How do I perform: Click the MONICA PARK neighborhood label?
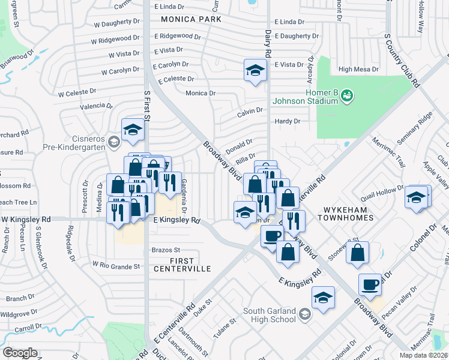(191, 19)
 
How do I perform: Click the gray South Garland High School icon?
(305, 314)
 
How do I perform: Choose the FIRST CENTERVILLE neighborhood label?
(182, 264)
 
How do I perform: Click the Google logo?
(20, 353)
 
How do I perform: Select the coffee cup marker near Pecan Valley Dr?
(370, 284)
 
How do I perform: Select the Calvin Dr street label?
(250, 111)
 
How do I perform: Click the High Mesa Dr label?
(358, 70)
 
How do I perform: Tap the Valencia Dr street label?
(88, 106)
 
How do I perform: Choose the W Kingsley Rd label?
(25, 220)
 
